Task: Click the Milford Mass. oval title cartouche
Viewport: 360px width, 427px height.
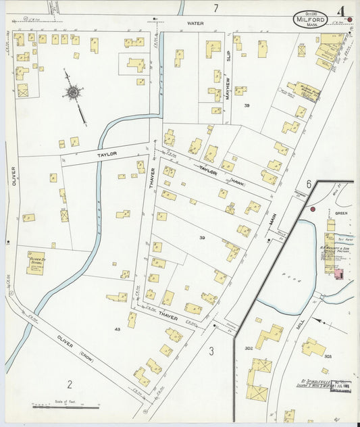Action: [311, 20]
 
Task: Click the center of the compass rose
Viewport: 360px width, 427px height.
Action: [73, 92]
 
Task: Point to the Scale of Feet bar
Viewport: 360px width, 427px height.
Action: [66, 407]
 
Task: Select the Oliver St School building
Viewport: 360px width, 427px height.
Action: [36, 262]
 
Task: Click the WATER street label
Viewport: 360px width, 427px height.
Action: [195, 24]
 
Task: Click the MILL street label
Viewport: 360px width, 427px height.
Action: [299, 326]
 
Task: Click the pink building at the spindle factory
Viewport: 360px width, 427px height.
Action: [338, 273]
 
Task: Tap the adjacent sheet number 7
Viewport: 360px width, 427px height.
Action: [215, 8]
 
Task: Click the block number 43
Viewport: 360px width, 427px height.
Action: [117, 329]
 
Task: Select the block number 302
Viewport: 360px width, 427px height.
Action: [249, 348]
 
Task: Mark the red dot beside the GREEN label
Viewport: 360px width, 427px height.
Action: [312, 209]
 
